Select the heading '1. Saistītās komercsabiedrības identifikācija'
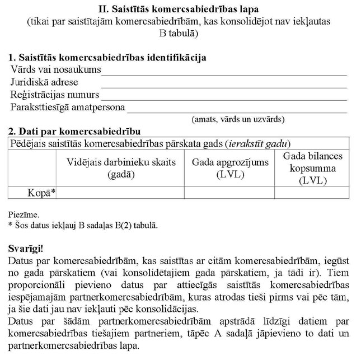[107, 57]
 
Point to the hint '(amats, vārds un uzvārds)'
[238, 119]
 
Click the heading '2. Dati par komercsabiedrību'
[71, 132]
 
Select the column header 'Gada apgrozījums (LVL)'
[230, 167]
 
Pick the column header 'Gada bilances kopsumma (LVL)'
[313, 167]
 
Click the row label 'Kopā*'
[42, 193]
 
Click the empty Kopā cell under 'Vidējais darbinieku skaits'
[121, 193]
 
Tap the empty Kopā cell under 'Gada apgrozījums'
[230, 193]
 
